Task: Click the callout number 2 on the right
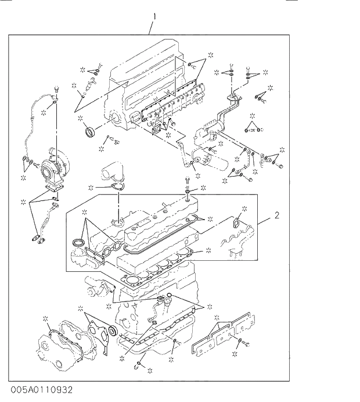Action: point(277,216)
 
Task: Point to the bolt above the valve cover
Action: point(189,181)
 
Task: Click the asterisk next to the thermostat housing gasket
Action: point(91,188)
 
